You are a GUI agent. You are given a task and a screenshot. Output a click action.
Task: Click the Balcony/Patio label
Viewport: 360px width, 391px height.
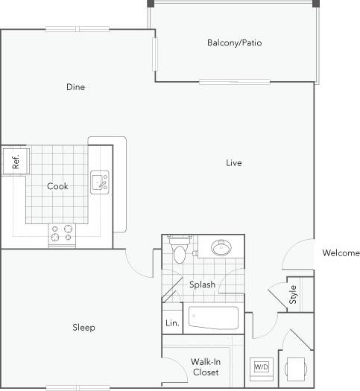234,42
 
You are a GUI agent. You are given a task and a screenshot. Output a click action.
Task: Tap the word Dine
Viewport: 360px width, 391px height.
75,87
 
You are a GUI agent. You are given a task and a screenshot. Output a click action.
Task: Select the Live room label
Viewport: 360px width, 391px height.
234,162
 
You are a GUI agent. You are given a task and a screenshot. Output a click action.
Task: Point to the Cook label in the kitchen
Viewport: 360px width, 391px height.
57,186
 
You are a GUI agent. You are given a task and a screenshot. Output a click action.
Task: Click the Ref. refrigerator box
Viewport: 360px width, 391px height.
14,161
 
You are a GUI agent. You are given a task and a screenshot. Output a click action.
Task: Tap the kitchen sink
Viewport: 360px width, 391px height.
101,182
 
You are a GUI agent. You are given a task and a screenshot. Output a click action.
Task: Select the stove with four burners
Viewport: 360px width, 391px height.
62,235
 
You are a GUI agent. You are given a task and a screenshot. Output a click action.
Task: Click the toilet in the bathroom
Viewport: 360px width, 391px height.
179,252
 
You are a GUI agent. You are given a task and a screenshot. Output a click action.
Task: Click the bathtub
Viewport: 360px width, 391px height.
213,320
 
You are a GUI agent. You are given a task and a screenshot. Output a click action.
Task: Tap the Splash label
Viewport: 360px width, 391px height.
201,284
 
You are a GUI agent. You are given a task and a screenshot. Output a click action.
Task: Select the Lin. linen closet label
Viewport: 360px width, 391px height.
171,323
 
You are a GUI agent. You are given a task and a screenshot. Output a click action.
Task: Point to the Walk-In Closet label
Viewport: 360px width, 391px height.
205,366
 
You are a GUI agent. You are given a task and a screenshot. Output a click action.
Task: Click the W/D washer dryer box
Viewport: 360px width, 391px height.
262,367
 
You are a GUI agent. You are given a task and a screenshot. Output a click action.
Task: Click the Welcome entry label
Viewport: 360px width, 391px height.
341,253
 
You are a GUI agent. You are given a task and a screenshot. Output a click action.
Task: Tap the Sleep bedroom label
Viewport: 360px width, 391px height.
83,328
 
